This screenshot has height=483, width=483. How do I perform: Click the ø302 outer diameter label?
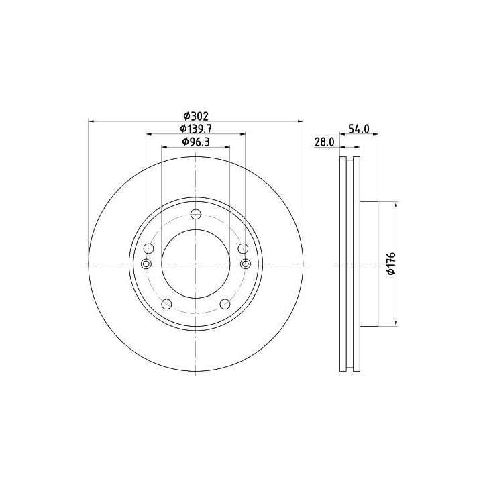click(196, 117)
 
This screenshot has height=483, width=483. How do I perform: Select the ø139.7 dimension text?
click(196, 129)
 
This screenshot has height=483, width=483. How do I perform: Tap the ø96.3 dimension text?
click(196, 142)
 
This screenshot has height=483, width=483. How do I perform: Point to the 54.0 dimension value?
click(358, 129)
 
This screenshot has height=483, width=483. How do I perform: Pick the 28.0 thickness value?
click(324, 142)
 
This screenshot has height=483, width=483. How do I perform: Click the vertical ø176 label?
click(391, 264)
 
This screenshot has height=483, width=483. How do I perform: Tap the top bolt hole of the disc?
click(196, 214)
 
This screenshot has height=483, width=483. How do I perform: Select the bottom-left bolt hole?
click(166, 304)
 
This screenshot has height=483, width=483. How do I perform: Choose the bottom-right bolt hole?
click(225, 304)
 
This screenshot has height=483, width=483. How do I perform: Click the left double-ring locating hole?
click(146, 264)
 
